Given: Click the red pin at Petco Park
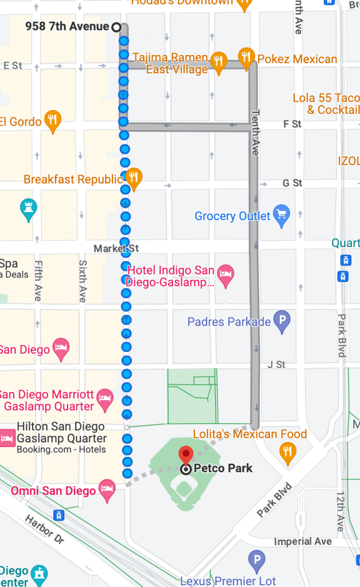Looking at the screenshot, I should (186, 454).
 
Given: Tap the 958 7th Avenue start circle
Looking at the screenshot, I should (116, 27).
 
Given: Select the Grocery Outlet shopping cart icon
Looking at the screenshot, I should (281, 215).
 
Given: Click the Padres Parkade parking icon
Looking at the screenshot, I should (281, 321).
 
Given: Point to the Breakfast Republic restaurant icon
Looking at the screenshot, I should (134, 178).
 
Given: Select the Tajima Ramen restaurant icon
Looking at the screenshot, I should (218, 62).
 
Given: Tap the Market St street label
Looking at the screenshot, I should (116, 248).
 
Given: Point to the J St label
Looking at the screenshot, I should (276, 365).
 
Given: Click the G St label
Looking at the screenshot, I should (292, 183).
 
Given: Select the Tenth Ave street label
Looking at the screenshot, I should (256, 132).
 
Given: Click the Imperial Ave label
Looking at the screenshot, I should (303, 541).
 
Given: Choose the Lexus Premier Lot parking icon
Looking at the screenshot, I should (256, 559).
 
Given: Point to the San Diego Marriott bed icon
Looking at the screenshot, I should (104, 400).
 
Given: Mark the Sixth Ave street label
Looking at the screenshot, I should (83, 281).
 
